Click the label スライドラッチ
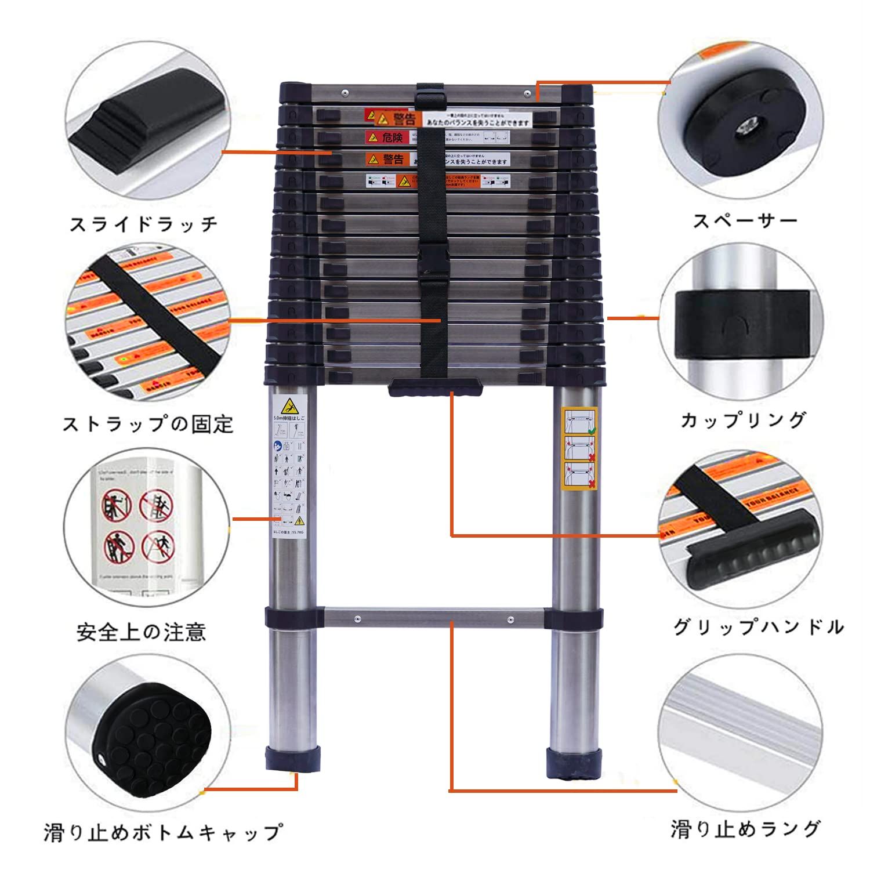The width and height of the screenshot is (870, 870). point(143,224)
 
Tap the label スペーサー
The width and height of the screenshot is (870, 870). point(745,221)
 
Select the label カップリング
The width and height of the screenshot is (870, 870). point(744,420)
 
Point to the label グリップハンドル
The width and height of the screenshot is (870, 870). point(758,627)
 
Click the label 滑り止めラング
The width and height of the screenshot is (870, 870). point(746,828)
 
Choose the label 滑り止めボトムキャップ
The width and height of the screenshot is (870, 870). point(163,833)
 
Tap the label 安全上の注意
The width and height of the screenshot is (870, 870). point(141,632)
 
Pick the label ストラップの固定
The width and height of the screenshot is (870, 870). point(148,424)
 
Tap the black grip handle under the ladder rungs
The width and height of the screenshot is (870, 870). point(435,387)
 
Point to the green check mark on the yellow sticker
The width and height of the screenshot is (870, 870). point(592,431)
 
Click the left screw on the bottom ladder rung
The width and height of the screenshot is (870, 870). point(358,619)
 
